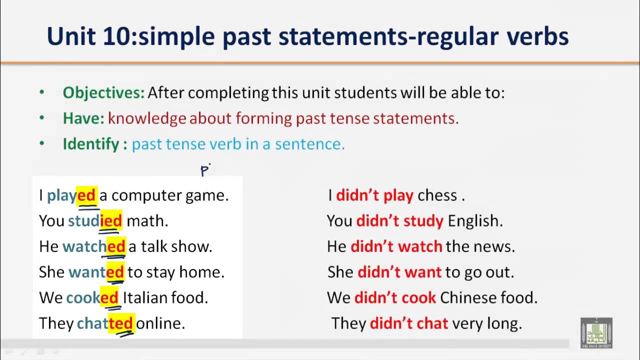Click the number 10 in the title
[115, 36]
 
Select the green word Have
[83, 118]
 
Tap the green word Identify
[91, 144]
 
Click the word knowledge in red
[147, 118]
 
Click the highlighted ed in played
[86, 195]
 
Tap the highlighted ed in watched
[115, 246]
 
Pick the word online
[160, 323]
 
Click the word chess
[437, 195]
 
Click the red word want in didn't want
[424, 272]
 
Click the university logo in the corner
[596, 332]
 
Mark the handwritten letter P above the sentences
[204, 170]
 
